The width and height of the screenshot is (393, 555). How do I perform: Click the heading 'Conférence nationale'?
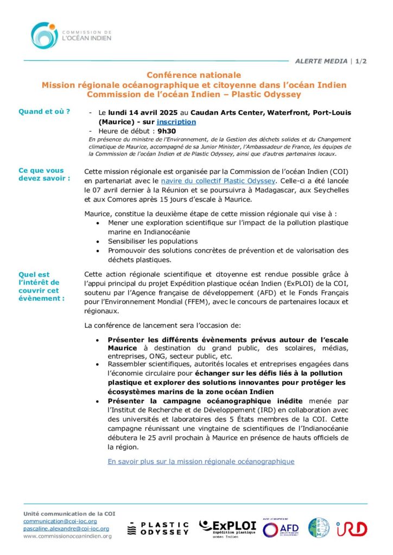[194, 75]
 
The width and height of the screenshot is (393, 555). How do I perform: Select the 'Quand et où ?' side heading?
[44, 112]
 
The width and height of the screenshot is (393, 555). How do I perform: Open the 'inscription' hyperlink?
[176, 122]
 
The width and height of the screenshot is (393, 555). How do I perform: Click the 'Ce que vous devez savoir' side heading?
[44, 174]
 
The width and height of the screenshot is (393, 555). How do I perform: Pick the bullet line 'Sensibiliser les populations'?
[153, 241]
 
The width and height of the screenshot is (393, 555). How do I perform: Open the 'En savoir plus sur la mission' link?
[201, 461]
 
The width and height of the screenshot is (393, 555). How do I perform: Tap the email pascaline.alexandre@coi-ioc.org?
[66, 528]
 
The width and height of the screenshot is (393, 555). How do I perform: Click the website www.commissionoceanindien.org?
[67, 536]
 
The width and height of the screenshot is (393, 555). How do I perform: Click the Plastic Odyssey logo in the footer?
[158, 528]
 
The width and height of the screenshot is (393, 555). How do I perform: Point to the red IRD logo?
[351, 528]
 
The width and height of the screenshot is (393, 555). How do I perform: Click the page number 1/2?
[361, 61]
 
